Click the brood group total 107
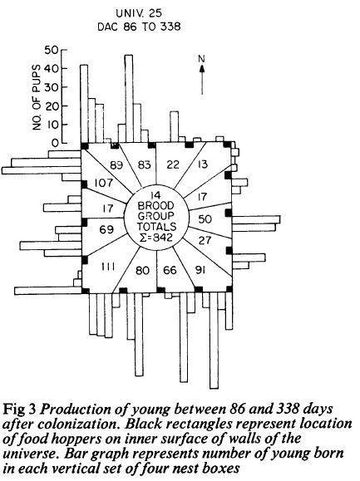(x=103, y=183)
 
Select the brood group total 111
(x=107, y=267)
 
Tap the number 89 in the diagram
(x=116, y=165)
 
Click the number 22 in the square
(x=173, y=164)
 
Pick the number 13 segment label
(x=202, y=164)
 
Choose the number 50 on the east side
(x=205, y=219)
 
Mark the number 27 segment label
(x=205, y=240)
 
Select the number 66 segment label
(x=170, y=270)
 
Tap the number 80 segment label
(x=142, y=271)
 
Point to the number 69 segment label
(x=106, y=229)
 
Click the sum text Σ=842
(x=156, y=237)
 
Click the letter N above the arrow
(x=202, y=59)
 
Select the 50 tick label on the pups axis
(x=51, y=50)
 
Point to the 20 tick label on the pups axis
(x=51, y=106)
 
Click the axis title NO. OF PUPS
(x=37, y=97)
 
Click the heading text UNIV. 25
(x=139, y=13)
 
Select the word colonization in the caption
(x=78, y=425)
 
